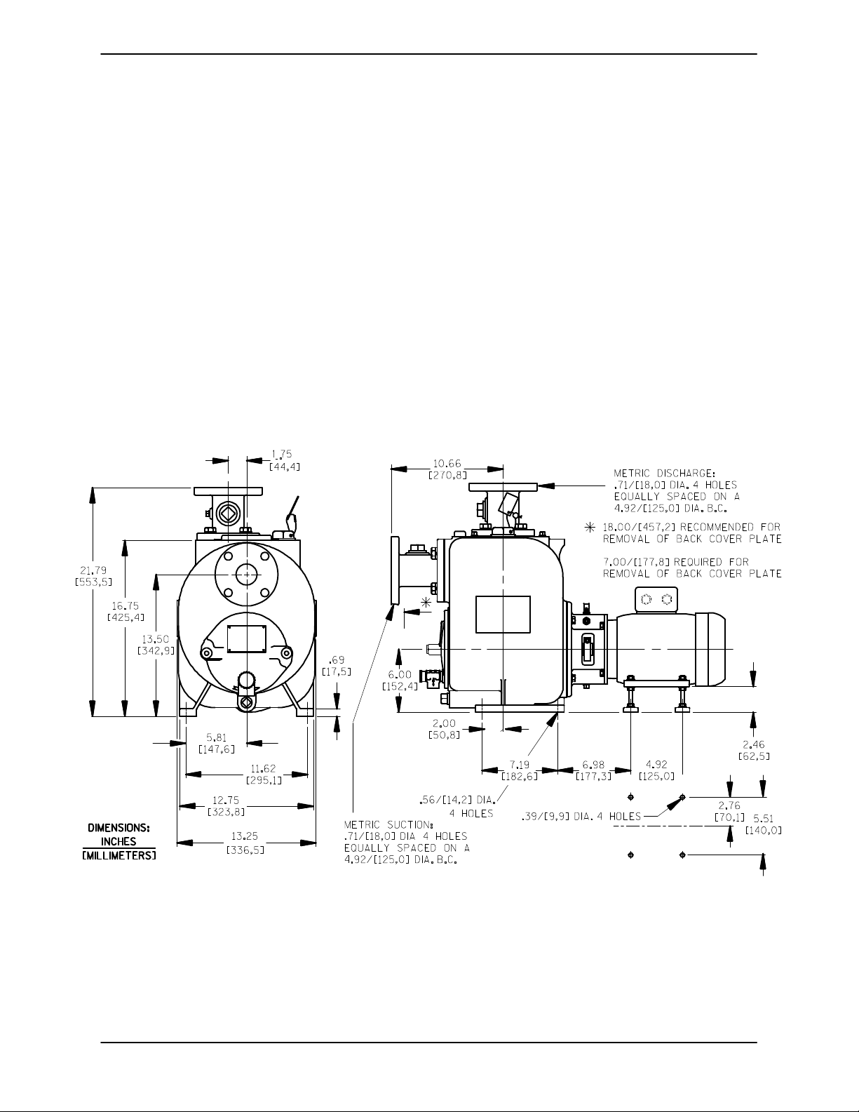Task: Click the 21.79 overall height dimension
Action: tap(93, 570)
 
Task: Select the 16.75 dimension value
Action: tap(125, 606)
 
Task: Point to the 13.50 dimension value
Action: tap(156, 639)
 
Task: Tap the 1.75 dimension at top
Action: tap(282, 454)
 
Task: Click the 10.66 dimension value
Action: tap(447, 464)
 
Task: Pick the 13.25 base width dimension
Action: tap(245, 836)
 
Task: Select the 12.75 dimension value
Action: tap(226, 800)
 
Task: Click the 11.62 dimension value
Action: tap(263, 768)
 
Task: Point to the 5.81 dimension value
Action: tap(216, 737)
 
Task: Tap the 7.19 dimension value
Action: tap(520, 765)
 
